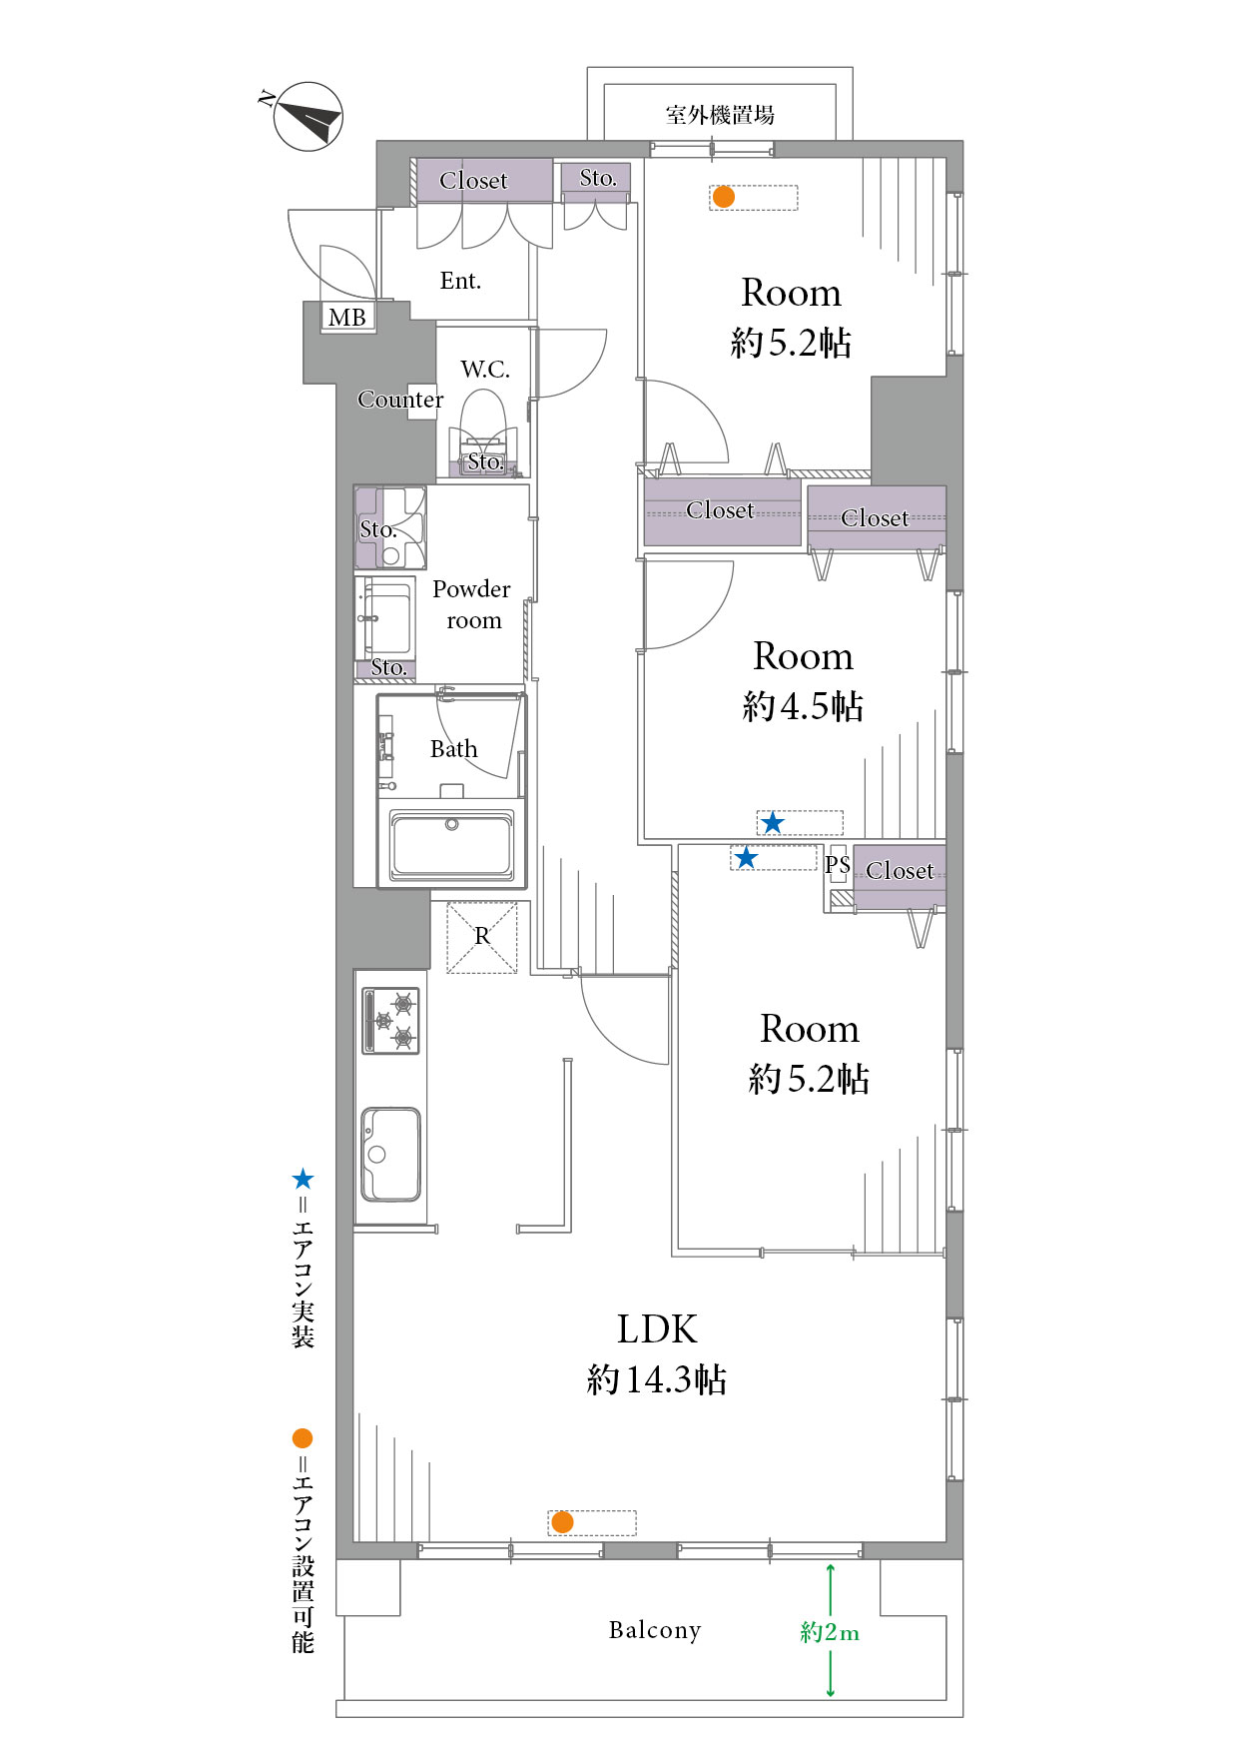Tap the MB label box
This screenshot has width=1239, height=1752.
point(347,317)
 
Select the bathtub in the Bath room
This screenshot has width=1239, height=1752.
point(452,845)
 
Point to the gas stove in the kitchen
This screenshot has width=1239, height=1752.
point(390,1021)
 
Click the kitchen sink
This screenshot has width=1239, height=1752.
point(390,1154)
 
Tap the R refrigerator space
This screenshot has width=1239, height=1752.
point(482,937)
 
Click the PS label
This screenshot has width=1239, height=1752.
point(837,864)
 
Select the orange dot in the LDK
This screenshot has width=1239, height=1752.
point(562,1522)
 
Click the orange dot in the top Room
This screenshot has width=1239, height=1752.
point(724,197)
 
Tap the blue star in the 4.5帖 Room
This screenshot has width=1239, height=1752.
point(773,823)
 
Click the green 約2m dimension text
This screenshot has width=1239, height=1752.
point(830,1632)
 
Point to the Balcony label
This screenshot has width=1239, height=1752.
point(655,1630)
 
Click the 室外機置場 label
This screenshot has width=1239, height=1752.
point(720,115)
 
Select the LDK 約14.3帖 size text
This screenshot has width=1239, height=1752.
point(657,1379)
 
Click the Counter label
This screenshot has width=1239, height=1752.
point(400,400)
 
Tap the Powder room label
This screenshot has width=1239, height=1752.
point(472,604)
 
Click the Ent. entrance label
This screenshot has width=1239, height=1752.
point(460,281)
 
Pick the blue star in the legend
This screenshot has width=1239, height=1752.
point(303,1180)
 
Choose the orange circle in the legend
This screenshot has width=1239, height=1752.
point(303,1438)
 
